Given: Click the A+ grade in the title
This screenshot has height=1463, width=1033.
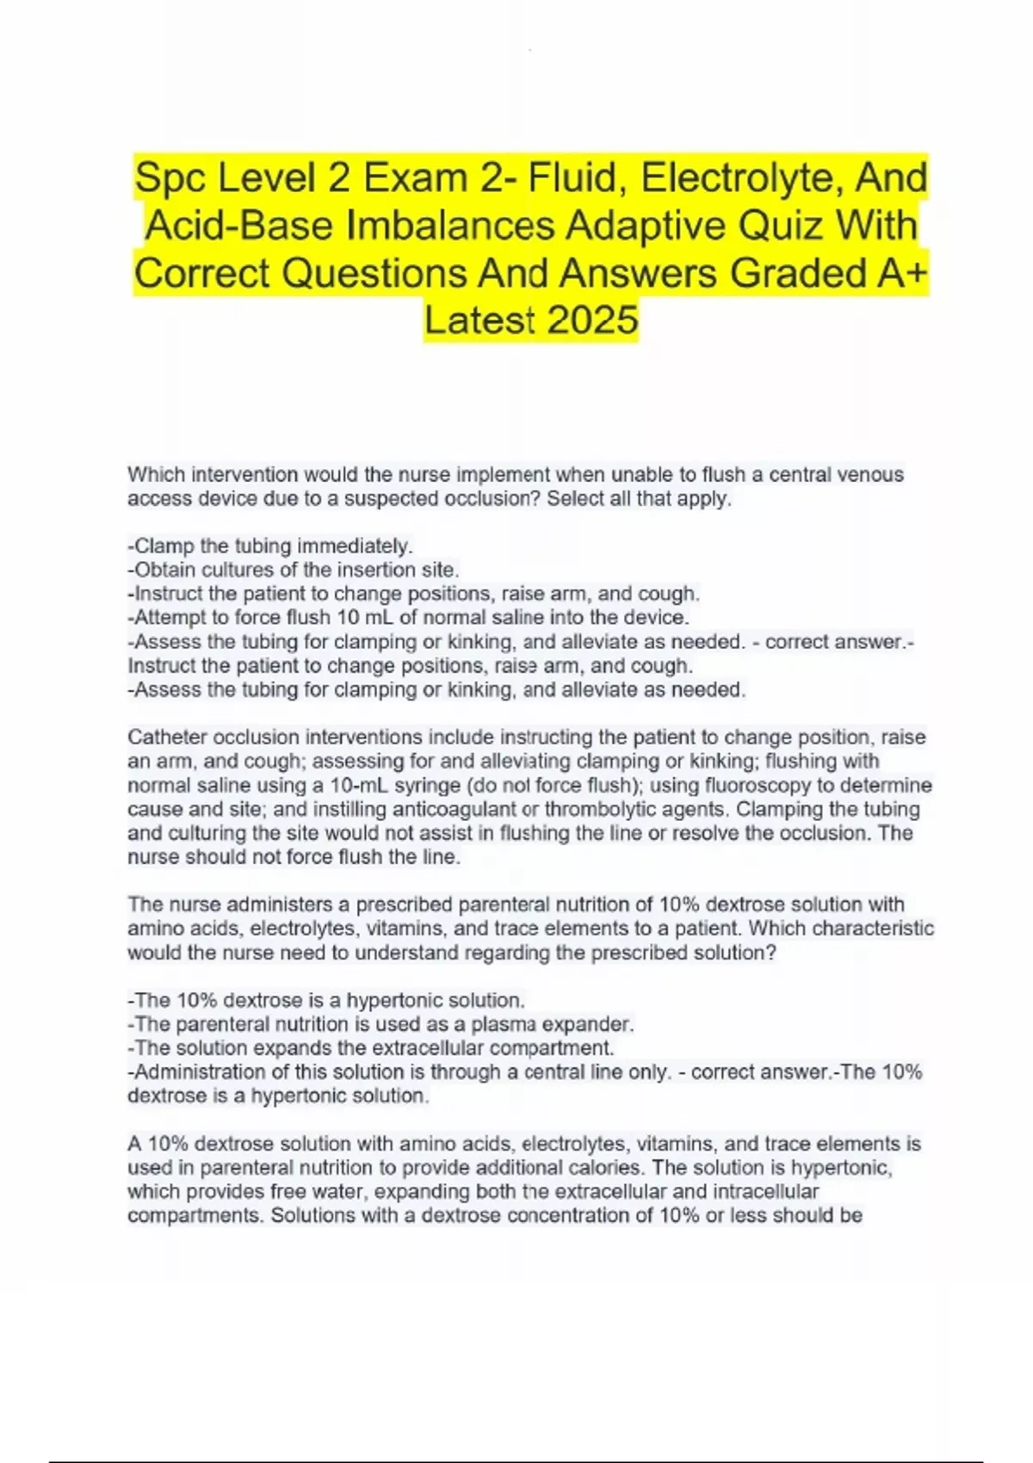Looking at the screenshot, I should (903, 274).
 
